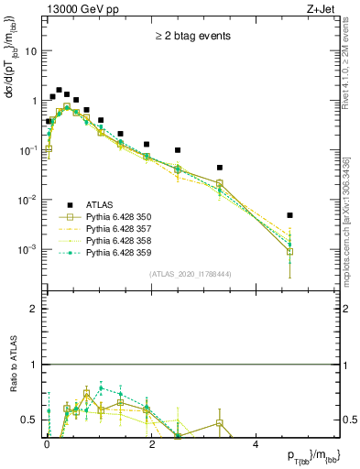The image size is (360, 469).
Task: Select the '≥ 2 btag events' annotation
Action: (191, 37)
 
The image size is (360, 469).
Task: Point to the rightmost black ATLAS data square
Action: (289, 215)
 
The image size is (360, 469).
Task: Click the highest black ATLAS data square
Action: (59, 91)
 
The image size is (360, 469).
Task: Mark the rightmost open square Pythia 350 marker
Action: (289, 251)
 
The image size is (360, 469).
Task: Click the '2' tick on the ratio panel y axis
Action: (35, 310)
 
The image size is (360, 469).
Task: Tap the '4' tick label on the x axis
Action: (256, 443)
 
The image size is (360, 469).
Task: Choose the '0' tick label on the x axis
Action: (47, 443)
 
